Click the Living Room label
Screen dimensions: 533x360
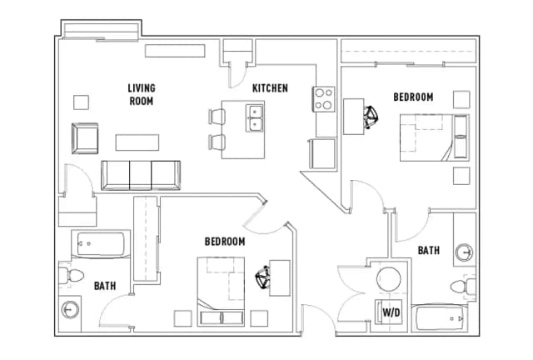142,95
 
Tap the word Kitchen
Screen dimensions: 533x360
270,88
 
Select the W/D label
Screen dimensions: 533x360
391,312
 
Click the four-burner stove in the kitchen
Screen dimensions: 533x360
323,99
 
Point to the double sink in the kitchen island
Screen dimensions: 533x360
254,118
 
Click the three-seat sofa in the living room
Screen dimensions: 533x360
141,176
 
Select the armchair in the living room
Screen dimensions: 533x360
85,138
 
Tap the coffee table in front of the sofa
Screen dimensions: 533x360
137,142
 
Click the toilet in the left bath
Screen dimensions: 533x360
71,275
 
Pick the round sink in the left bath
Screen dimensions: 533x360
70,310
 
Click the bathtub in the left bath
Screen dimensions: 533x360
101,244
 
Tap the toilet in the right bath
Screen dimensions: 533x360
463,286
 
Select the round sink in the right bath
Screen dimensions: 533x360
464,252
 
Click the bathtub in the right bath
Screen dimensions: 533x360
440,319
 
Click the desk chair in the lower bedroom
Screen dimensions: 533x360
263,277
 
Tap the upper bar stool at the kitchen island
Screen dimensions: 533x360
217,117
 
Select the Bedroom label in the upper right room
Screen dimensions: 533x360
413,97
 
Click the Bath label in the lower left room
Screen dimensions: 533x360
105,286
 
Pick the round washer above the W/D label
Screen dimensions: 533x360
389,279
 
